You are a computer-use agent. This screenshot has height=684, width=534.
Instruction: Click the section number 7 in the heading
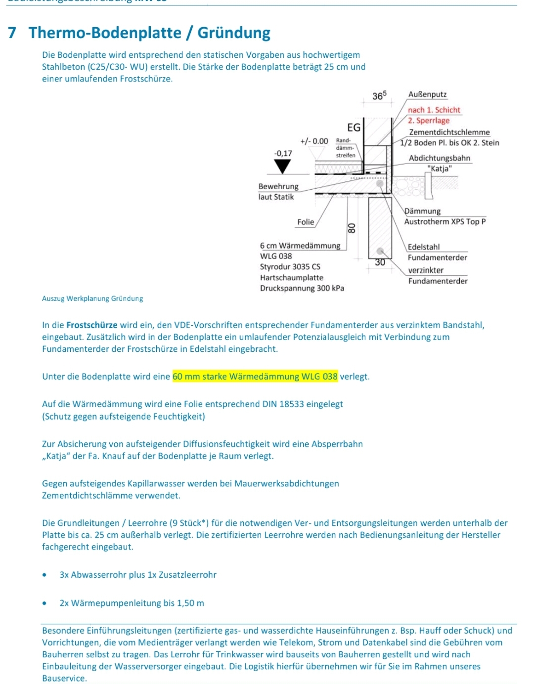click(12, 33)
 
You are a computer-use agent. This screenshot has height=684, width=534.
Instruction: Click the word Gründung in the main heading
click(234, 33)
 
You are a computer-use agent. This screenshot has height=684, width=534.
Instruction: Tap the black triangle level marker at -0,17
click(282, 167)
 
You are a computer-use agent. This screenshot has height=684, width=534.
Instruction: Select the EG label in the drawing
click(354, 128)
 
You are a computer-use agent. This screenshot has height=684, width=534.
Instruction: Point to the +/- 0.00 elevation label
click(314, 141)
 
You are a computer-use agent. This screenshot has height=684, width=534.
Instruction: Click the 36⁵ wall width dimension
click(379, 95)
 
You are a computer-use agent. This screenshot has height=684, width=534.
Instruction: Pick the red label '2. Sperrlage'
click(429, 121)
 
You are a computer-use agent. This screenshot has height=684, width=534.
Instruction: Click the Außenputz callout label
click(428, 94)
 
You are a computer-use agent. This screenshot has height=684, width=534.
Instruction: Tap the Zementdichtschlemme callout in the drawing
click(449, 132)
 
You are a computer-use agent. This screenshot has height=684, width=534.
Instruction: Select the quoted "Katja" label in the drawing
click(440, 169)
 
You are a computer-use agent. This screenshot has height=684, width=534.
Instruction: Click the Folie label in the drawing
click(306, 222)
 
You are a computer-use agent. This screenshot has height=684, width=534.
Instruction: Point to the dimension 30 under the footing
click(380, 262)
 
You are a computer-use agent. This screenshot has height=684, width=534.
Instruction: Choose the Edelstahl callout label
click(423, 247)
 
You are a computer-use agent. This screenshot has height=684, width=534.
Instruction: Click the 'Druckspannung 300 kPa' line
click(302, 288)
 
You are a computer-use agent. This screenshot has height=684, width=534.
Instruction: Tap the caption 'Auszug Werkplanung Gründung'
click(92, 299)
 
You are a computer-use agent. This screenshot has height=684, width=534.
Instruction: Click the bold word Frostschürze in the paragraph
click(92, 325)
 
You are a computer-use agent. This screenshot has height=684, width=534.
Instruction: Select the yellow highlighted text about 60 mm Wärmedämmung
click(255, 377)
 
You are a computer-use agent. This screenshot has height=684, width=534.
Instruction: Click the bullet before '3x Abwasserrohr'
click(45, 575)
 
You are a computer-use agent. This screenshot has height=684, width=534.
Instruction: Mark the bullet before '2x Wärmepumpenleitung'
click(45, 603)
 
